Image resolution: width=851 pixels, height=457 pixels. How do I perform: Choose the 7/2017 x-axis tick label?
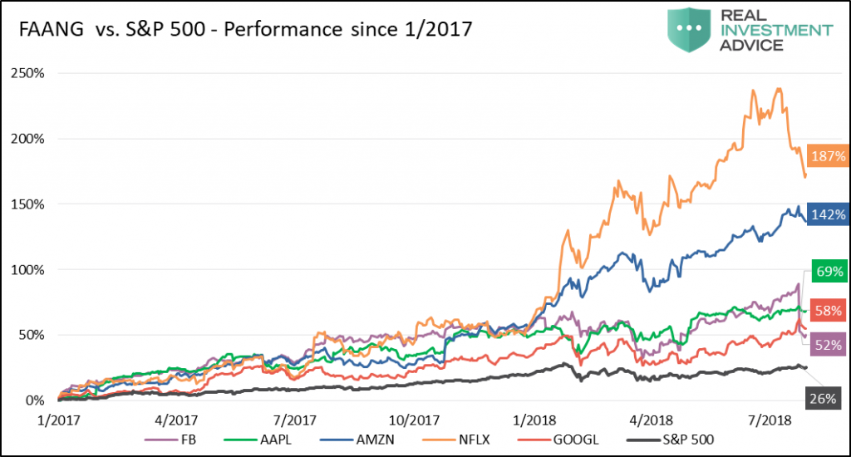294,420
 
